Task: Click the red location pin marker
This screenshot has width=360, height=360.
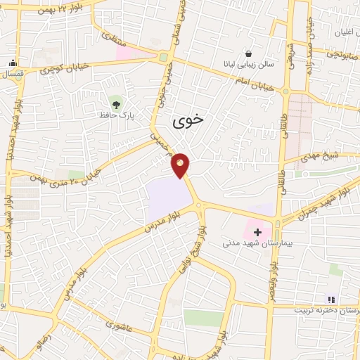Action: (181, 165)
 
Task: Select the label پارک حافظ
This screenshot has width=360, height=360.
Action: (120, 112)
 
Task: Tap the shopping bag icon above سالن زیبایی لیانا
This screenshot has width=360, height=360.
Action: (248, 53)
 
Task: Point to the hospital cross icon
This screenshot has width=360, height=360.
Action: (257, 231)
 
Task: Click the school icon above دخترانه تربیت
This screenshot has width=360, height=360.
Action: (332, 298)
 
